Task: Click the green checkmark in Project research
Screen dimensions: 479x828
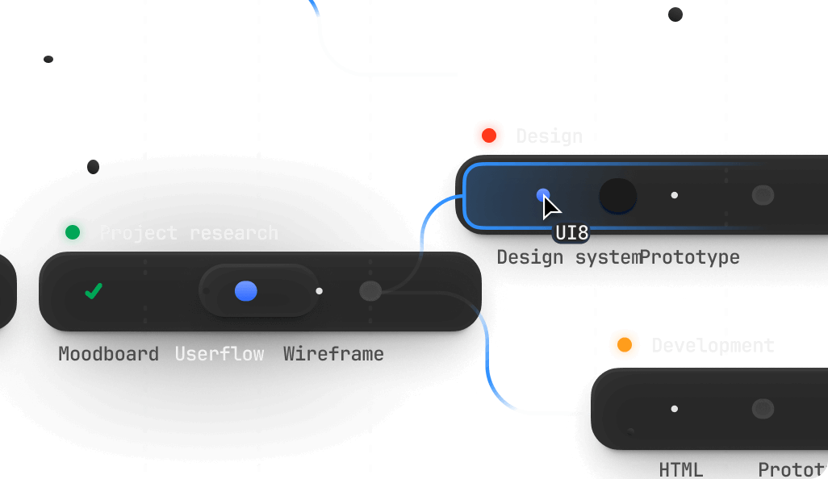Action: pos(94,291)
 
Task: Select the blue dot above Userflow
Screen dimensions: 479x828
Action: pos(246,291)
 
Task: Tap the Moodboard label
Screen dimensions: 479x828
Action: pos(108,353)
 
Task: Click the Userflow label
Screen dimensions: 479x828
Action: pos(220,353)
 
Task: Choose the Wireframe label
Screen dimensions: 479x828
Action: pos(333,353)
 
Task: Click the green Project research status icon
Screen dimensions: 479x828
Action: pos(73,233)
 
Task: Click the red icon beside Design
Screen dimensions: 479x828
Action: pos(488,135)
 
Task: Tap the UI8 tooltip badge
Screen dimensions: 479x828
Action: pos(571,233)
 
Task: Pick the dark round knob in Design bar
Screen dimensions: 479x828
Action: pos(617,195)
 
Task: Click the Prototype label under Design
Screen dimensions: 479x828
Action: pos(690,257)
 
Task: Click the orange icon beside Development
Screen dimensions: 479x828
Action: pos(624,345)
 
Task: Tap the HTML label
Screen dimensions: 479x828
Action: pos(680,469)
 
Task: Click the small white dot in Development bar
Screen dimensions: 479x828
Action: pos(674,409)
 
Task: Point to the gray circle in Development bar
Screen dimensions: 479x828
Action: pos(763,409)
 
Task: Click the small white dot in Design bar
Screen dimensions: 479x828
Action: pos(674,195)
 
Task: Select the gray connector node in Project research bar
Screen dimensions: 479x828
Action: pos(370,291)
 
